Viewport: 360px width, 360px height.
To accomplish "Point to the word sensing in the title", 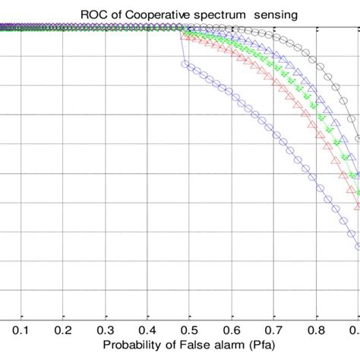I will point(258,13).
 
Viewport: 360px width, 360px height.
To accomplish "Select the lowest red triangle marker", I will point(358,205).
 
